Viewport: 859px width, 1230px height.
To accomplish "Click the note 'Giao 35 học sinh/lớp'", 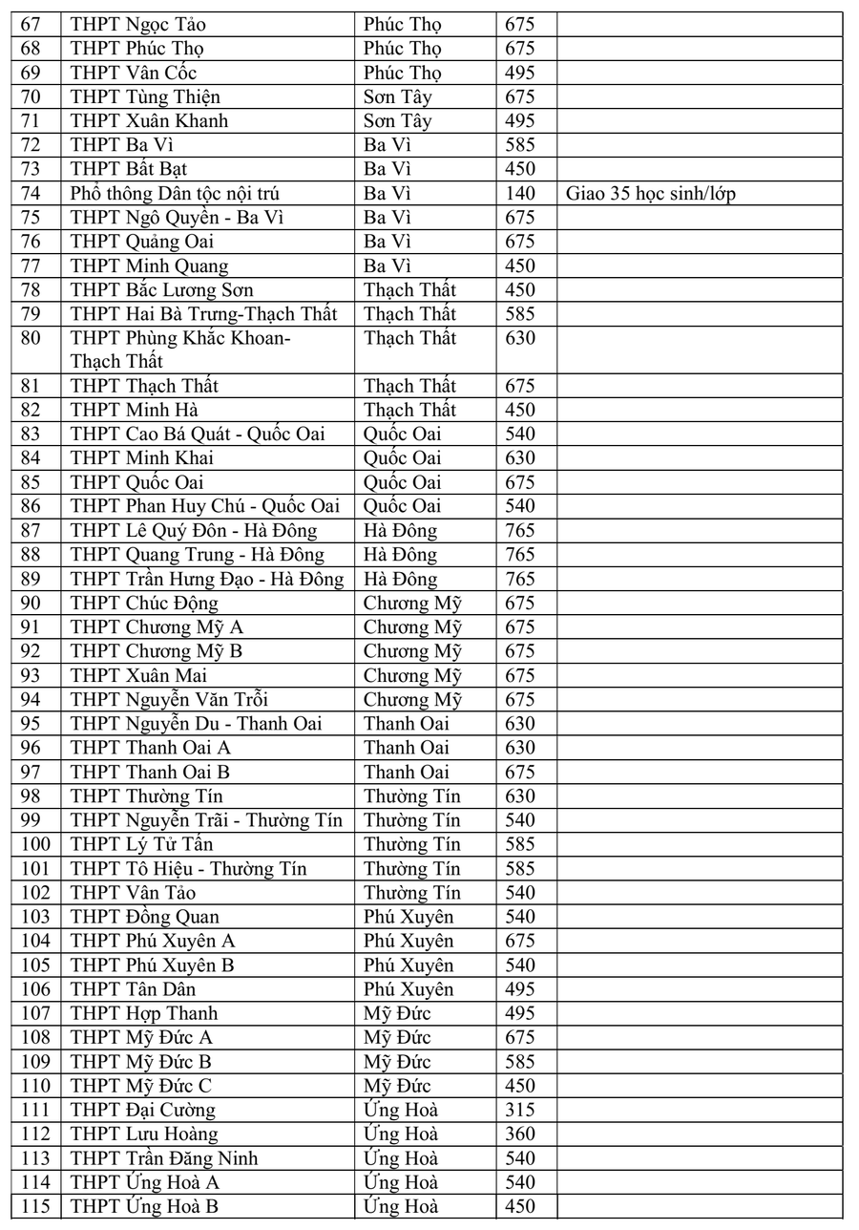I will pos(651,194).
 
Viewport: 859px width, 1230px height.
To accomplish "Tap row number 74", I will pos(33,194).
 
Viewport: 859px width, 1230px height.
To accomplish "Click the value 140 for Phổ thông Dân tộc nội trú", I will pos(520,194).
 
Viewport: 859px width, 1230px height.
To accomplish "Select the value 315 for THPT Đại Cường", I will pos(520,1110).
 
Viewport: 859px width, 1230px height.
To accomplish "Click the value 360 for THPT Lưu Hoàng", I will pos(520,1134).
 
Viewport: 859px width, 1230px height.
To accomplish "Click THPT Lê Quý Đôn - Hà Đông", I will pos(195,531).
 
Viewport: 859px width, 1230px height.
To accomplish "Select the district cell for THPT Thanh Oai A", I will pos(407,748).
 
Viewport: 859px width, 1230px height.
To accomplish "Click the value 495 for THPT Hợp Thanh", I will pos(520,1013).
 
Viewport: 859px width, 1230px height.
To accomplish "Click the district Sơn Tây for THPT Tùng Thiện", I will pos(398,96).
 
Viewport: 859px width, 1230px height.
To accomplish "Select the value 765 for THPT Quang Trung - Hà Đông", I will pos(520,555).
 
